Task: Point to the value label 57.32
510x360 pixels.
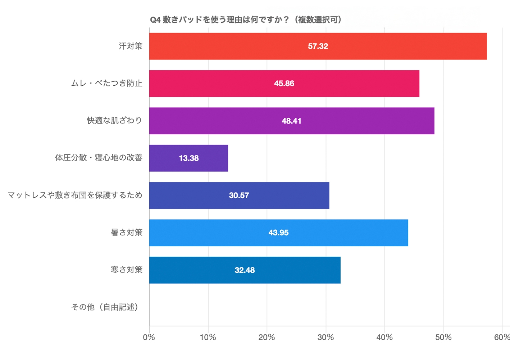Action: [318, 46]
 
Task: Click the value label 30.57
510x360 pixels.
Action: [239, 195]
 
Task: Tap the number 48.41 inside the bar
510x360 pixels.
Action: [291, 121]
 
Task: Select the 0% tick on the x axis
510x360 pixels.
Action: [149, 337]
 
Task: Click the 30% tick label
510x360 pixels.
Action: [325, 337]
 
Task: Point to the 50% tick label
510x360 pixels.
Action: [443, 337]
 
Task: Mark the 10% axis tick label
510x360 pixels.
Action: [208, 337]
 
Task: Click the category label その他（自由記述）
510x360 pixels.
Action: [105, 307]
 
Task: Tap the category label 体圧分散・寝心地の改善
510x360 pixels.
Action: [99, 158]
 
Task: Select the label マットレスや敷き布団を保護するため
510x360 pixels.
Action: [75, 195]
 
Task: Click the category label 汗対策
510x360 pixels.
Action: [131, 46]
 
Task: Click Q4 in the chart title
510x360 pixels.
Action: [155, 20]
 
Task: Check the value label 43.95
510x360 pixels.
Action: [278, 233]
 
